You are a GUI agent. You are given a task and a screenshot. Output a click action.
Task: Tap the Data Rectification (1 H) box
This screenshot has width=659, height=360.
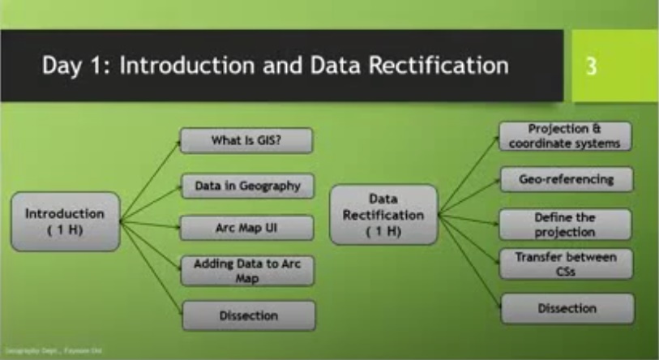384,214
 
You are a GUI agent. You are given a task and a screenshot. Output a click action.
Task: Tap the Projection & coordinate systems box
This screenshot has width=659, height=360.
565,136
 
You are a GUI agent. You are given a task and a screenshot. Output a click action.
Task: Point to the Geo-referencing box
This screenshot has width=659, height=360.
565,179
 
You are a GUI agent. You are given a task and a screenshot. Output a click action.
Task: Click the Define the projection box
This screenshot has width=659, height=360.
565,224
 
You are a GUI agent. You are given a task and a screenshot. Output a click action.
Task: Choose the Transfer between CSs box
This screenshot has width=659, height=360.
565,264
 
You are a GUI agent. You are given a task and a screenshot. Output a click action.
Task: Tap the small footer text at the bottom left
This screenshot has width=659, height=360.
41,351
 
